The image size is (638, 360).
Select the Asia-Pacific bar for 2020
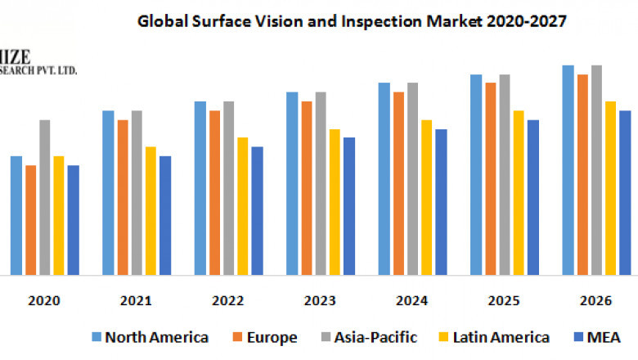(45, 196)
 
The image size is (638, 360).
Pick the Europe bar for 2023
(307, 187)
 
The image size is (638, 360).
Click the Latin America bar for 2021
(151, 210)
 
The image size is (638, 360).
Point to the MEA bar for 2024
(441, 201)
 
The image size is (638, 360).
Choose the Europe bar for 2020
(31, 219)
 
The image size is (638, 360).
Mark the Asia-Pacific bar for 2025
(505, 173)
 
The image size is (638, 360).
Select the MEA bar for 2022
(257, 210)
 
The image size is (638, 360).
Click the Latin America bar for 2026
(610, 187)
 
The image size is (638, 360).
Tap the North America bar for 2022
(200, 187)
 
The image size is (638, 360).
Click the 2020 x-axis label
(44, 301)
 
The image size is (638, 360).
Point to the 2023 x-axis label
(320, 301)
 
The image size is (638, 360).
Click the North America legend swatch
(97, 337)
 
